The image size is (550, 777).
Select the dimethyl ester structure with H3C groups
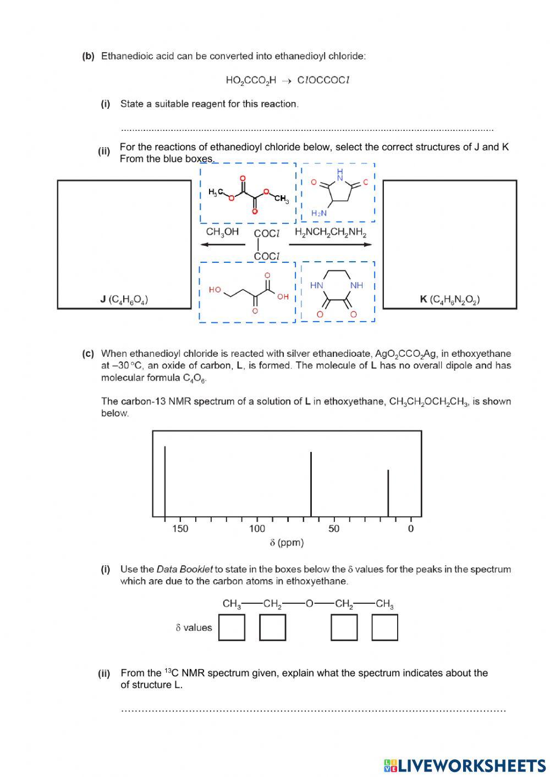point(248,193)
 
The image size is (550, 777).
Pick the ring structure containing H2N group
point(338,192)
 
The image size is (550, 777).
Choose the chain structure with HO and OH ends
point(248,292)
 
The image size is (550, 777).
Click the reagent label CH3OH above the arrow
point(222,232)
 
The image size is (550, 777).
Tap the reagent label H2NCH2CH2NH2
point(331,232)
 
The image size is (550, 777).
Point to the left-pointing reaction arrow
point(222,245)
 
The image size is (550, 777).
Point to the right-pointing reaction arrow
point(331,245)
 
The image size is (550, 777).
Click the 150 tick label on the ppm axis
point(180,529)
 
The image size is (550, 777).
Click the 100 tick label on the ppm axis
point(257,529)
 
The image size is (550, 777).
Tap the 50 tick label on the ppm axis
point(334,529)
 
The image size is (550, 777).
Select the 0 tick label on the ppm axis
point(411,529)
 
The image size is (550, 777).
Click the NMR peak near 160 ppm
point(165,481)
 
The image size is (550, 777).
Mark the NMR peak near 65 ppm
point(311,484)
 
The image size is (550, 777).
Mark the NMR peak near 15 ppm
point(388,493)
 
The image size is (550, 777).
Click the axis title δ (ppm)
point(287,543)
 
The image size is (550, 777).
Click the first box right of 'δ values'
point(232,627)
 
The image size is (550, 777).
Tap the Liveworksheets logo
point(465,765)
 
